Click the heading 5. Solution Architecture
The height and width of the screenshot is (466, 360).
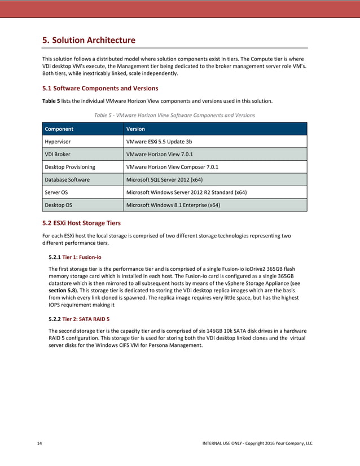click(89, 40)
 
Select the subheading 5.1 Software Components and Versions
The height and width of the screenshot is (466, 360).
click(100, 89)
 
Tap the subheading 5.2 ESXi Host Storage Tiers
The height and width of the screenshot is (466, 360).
click(81, 223)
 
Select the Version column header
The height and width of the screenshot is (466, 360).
click(136, 129)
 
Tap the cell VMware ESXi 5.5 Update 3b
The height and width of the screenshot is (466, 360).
click(159, 142)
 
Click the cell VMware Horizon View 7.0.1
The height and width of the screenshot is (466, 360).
click(160, 154)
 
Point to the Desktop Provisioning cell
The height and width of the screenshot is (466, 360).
click(70, 167)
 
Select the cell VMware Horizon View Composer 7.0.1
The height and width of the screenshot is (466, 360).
click(172, 167)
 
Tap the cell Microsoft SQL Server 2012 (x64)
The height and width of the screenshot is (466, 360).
click(164, 180)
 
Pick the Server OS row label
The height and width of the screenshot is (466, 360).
click(56, 192)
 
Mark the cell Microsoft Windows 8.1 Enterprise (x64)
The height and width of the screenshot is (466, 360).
click(173, 205)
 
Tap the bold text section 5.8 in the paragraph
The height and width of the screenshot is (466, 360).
click(63, 291)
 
